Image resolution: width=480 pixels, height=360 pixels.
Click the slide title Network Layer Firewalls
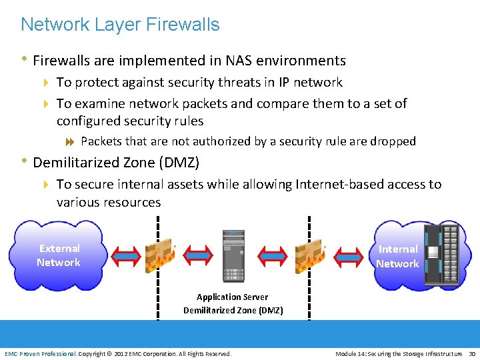coord(120,25)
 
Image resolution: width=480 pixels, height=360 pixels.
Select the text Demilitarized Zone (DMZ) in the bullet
coord(116,162)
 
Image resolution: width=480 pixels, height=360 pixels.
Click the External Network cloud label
coord(59,255)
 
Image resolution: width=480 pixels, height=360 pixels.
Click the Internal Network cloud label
coord(397,257)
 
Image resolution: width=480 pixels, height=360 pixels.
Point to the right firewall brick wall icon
coord(310,255)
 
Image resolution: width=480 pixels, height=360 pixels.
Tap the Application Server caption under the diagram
coord(233,297)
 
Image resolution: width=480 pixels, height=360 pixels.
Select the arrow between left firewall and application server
coord(197,255)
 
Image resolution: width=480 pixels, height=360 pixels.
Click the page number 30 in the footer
coord(471,353)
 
